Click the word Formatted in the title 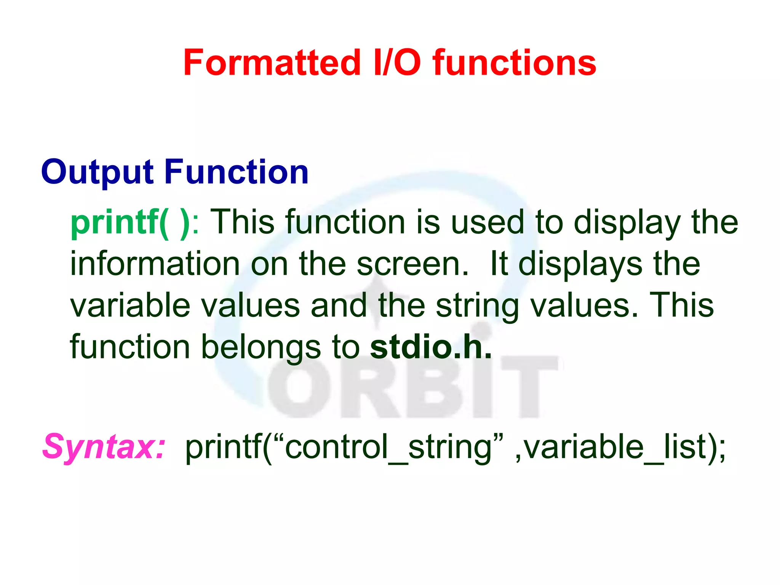pos(272,63)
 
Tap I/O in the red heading pos(397,63)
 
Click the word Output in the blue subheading pos(97,173)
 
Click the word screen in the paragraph pos(412,264)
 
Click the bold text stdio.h pos(430,347)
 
